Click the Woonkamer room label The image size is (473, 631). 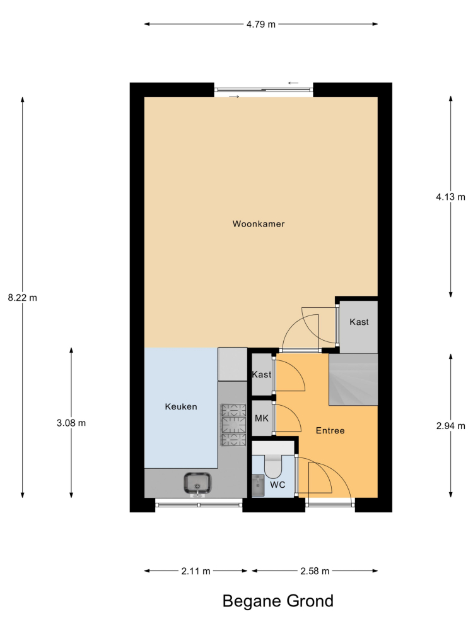[259, 224]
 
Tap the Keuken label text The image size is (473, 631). [181, 406]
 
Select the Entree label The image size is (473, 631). [330, 430]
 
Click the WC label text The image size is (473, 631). [277, 485]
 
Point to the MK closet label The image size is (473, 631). [262, 418]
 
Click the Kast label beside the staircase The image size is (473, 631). [359, 322]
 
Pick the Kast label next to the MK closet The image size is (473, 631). [262, 375]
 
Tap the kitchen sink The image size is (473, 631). [197, 483]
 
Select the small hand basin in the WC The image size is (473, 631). [258, 485]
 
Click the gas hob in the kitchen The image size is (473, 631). [233, 425]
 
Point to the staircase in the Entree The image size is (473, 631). [353, 379]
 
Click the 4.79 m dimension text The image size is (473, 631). [261, 24]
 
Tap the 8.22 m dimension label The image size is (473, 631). [23, 298]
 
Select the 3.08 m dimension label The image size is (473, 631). [71, 423]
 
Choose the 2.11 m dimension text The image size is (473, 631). [196, 571]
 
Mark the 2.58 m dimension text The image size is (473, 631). [315, 571]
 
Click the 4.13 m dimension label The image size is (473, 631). [450, 197]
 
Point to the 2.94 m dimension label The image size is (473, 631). [450, 426]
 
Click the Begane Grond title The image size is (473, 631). [278, 601]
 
